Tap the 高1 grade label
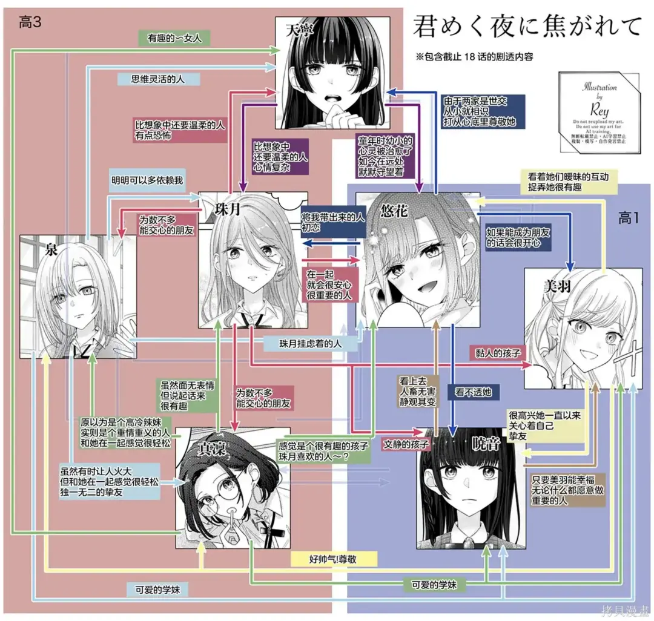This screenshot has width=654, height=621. coord(628,218)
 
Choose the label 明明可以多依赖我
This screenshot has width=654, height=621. coord(147,180)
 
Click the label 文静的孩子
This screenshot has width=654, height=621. coord(406,444)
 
